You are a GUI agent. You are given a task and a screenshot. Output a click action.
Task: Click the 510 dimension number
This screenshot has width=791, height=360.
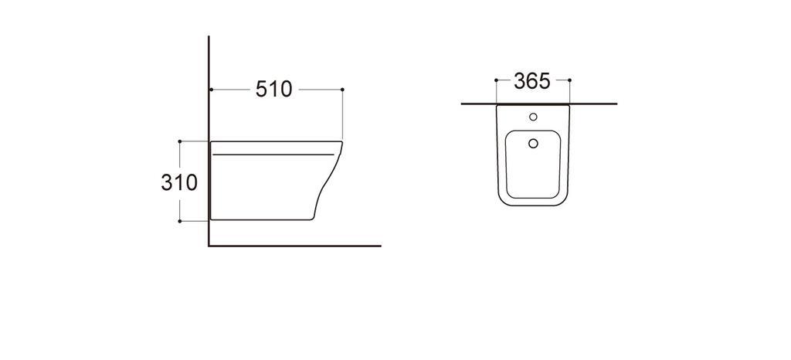coord(274,90)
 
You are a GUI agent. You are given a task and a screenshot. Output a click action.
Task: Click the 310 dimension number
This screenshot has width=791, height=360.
coord(179,183)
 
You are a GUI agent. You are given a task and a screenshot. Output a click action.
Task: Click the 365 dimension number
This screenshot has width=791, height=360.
coord(531,81)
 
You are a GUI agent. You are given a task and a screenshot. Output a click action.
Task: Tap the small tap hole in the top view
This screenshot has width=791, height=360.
coord(532,117)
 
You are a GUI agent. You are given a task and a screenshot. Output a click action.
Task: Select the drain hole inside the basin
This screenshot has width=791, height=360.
coord(532,143)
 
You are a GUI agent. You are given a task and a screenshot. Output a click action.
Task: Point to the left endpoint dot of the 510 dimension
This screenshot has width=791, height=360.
coord(210,90)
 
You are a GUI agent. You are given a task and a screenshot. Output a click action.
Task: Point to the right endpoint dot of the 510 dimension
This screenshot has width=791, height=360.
coord(342,90)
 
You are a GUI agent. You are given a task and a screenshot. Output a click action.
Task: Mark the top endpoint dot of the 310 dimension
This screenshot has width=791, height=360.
coord(180,141)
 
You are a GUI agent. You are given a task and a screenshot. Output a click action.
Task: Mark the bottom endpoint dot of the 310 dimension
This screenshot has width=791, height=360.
coord(180,221)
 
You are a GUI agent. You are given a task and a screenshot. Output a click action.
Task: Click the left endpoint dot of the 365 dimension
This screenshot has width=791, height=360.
coord(495,80)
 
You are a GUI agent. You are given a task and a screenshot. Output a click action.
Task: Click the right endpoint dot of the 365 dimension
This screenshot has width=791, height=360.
coord(569,80)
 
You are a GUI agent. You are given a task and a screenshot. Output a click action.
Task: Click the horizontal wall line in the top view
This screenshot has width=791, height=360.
coord(595,103)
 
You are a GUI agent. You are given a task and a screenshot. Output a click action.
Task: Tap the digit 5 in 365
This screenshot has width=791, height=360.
coord(543,81)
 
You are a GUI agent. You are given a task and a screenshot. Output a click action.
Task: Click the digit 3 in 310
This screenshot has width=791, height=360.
coord(168,183)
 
